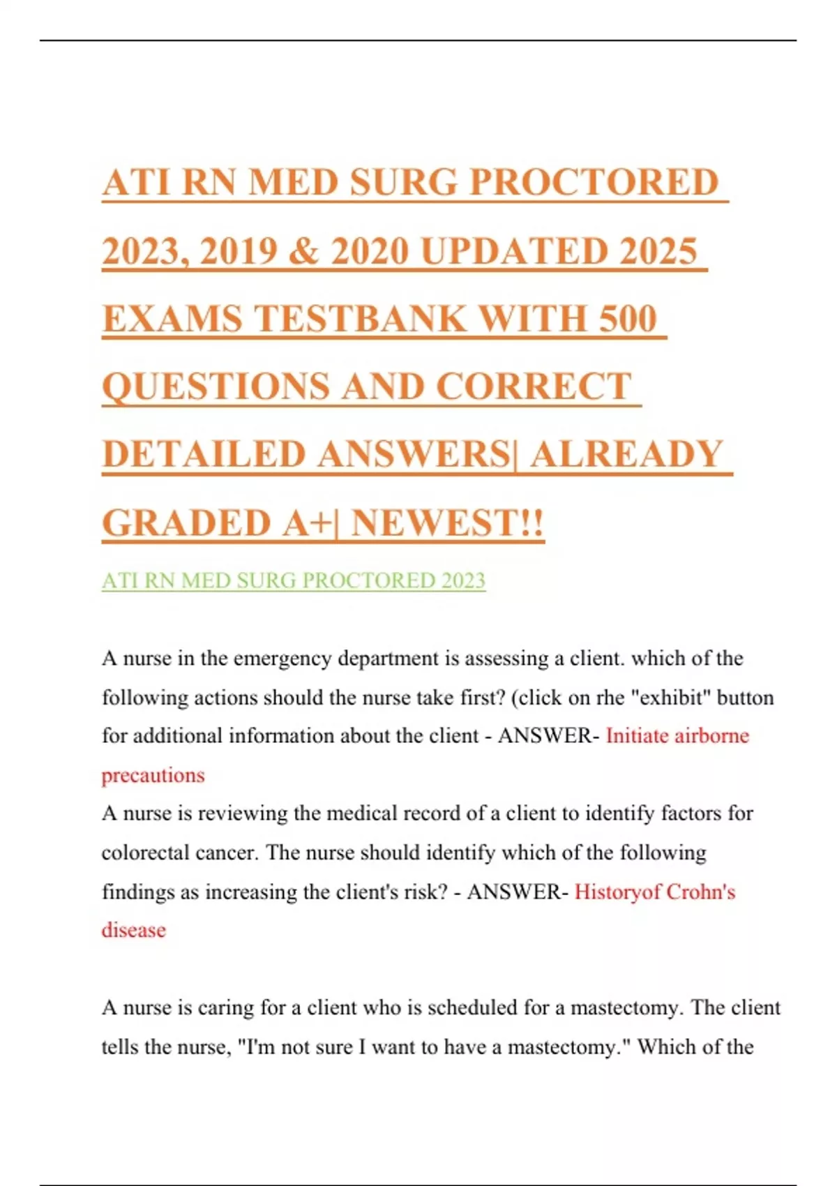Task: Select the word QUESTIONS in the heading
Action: [x=216, y=386]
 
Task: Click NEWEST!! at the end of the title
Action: [x=447, y=523]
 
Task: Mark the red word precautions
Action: [x=153, y=775]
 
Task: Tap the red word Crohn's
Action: [x=700, y=892]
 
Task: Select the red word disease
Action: [x=134, y=930]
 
